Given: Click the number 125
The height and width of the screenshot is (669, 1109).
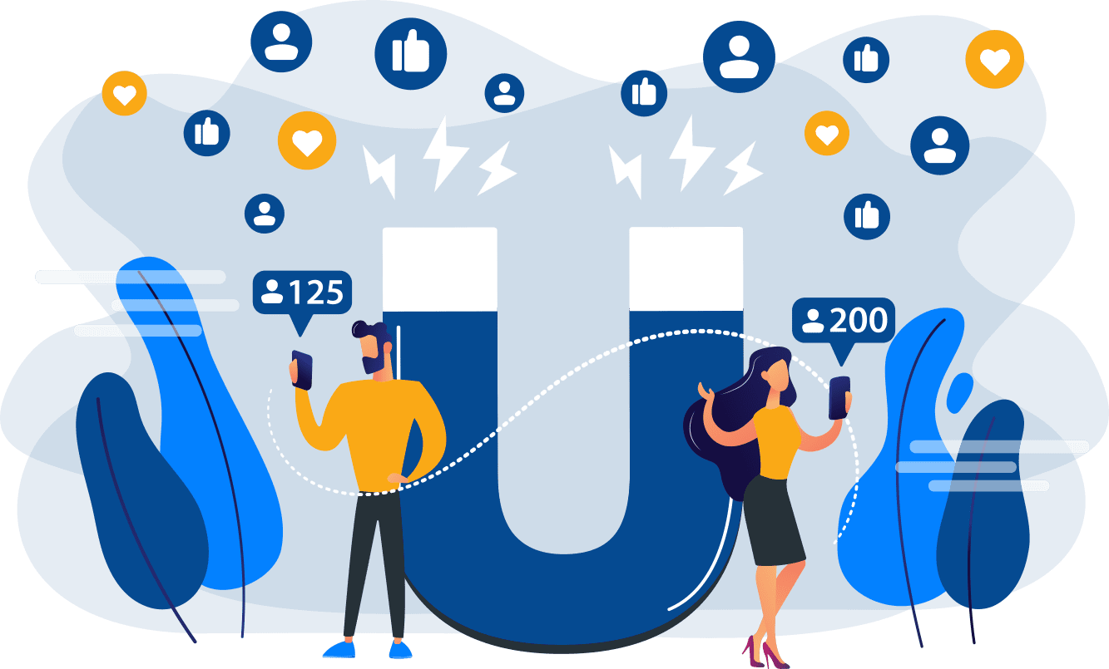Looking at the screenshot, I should coord(315,293).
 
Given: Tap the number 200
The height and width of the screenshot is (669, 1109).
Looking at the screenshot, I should coord(859,321).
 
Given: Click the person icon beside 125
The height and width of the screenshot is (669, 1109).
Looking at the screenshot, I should coord(271,292).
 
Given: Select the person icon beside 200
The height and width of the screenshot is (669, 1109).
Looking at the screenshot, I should coord(813,321).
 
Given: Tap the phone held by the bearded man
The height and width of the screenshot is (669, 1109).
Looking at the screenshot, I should coord(302,370).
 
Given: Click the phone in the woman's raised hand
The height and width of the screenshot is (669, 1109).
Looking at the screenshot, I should coord(839,396).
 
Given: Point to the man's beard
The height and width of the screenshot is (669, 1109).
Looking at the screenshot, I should coord(371,362).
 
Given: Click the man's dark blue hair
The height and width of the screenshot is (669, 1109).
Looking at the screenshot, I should coord(374,333).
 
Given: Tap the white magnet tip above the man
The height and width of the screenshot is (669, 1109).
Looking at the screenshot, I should coord(439,268).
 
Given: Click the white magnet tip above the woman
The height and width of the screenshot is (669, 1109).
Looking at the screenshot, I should coord(686,268).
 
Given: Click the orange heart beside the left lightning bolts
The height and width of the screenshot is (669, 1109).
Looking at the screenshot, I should coord(307,141).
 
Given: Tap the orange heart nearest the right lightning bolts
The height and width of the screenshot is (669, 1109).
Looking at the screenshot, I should coord(826,134).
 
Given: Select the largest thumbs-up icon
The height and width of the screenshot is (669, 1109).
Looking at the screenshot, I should coord(410,53).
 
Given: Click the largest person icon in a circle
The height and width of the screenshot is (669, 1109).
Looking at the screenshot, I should coord(738,57).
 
